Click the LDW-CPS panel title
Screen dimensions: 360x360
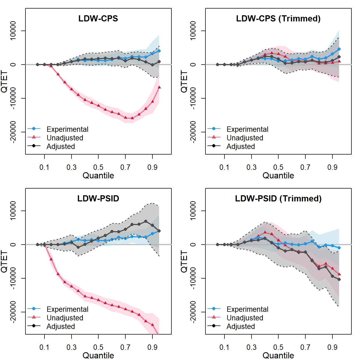tap(98, 18)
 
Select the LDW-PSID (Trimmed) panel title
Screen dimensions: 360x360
tap(278, 198)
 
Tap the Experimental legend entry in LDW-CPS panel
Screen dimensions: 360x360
tap(67, 129)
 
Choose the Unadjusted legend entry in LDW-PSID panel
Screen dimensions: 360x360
tap(65, 318)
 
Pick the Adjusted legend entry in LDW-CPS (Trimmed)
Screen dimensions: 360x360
tap(241, 146)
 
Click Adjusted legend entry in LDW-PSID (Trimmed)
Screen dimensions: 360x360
tap(241, 326)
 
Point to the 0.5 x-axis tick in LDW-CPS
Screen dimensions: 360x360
tap(98, 167)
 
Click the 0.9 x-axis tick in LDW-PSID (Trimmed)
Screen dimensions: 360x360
tap(332, 347)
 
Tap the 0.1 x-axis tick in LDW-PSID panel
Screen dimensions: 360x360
tap(44, 347)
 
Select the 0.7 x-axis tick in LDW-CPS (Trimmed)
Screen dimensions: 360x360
tap(305, 167)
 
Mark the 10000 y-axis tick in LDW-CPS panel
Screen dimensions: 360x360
tap(13, 31)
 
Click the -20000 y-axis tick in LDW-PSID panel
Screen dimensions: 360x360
tap(13, 312)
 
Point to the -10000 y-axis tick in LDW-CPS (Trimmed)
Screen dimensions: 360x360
tap(193, 98)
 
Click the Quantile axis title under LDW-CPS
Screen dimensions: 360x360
tap(98, 175)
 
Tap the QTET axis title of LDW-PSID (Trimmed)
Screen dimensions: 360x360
tap(184, 261)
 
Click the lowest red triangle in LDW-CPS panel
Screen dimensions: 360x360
tap(132, 118)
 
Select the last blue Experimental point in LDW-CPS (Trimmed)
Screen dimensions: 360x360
tap(339, 49)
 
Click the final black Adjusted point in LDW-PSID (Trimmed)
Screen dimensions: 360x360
tap(339, 279)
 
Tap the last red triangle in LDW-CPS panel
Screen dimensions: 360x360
tap(159, 87)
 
